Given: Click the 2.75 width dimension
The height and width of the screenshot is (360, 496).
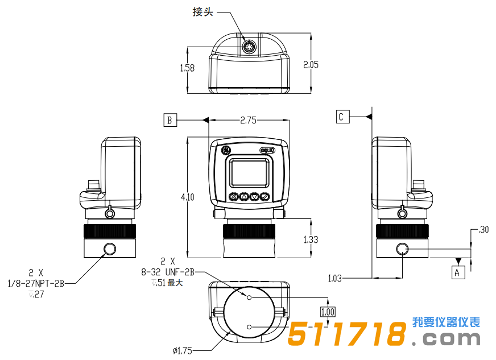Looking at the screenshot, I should (x=248, y=120).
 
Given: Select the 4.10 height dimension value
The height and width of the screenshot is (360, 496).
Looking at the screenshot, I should (x=187, y=197).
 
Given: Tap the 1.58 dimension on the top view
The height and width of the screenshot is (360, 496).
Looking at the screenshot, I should (x=187, y=68).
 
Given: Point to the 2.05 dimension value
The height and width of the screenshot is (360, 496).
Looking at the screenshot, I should (x=311, y=64).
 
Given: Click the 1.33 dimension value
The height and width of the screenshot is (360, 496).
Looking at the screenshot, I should (x=311, y=239).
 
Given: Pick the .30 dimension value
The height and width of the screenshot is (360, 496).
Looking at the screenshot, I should (x=483, y=230).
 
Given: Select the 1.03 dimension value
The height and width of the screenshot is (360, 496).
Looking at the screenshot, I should (x=335, y=278).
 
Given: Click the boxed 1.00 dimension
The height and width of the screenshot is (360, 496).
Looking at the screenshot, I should (x=328, y=312).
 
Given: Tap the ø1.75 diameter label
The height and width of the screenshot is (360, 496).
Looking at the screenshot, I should (x=182, y=350).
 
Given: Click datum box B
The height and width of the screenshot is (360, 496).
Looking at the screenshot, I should (x=170, y=120).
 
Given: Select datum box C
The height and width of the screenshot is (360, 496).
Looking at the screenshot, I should (x=341, y=117).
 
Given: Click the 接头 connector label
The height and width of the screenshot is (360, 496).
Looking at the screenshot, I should (x=203, y=12).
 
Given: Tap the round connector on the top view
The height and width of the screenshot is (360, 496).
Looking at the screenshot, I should (x=249, y=46).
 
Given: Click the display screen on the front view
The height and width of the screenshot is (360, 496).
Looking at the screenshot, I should (x=249, y=172).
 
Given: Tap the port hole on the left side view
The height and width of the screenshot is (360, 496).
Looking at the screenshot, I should (x=110, y=249).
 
